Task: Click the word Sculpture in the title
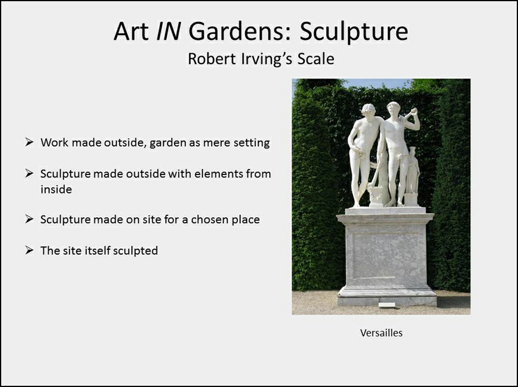(x=354, y=31)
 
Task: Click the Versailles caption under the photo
(x=381, y=333)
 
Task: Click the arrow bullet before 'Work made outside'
(x=29, y=142)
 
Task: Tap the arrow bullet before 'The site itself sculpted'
(x=29, y=250)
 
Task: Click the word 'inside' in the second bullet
(x=56, y=189)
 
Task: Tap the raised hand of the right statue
(x=413, y=112)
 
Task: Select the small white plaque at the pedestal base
(x=387, y=304)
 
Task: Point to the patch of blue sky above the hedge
(x=377, y=83)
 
